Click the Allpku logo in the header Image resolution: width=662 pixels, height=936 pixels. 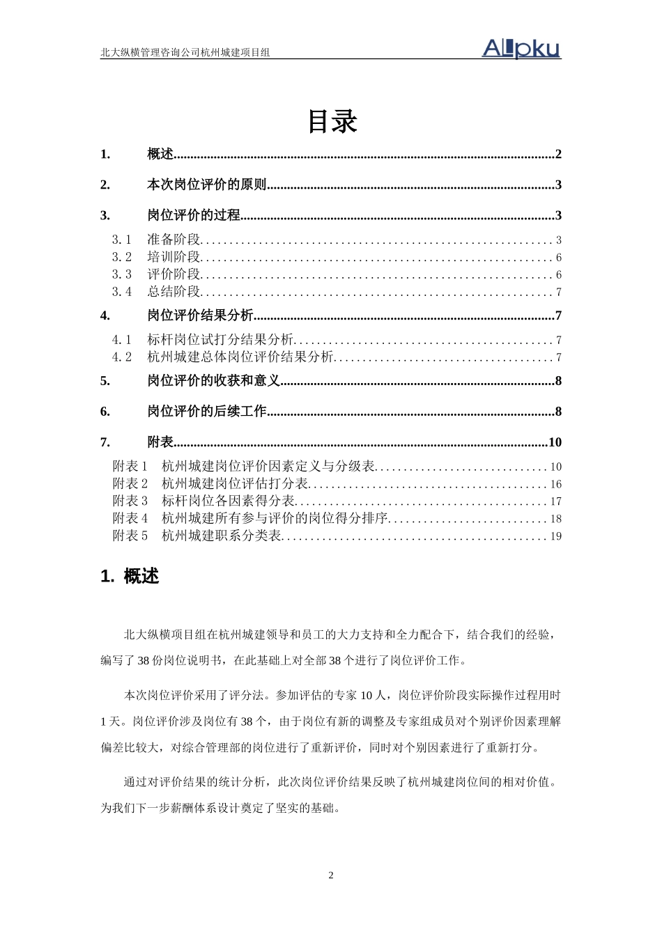pyautogui.click(x=521, y=48)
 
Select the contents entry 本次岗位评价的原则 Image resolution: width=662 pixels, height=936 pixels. pyautogui.click(x=207, y=185)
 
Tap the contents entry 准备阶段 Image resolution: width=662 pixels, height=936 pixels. pyautogui.click(x=174, y=240)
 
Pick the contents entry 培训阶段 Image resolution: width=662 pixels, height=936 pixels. pyautogui.click(x=174, y=257)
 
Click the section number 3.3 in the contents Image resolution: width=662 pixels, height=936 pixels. pyautogui.click(x=122, y=274)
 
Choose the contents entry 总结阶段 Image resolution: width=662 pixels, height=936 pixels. pyautogui.click(x=174, y=292)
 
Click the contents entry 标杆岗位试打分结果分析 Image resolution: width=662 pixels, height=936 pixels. pyautogui.click(x=220, y=340)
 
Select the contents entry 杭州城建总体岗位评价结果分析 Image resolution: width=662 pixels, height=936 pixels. pyautogui.click(x=240, y=357)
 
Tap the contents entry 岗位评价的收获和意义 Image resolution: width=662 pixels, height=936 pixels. pyautogui.click(x=213, y=381)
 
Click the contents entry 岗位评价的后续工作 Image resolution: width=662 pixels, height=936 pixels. pyautogui.click(x=207, y=412)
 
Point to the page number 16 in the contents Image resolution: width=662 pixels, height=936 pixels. pyautogui.click(x=555, y=484)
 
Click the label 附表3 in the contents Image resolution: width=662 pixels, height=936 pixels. pyautogui.click(x=130, y=501)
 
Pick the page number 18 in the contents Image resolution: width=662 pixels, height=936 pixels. pyautogui.click(x=555, y=519)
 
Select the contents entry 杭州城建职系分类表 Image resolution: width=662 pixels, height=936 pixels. pyautogui.click(x=221, y=536)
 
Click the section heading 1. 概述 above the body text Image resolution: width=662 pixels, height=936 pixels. pyautogui.click(x=130, y=577)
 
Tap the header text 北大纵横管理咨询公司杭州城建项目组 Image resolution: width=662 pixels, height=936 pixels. pyautogui.click(x=185, y=52)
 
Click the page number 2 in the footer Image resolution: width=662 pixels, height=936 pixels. pyautogui.click(x=331, y=875)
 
